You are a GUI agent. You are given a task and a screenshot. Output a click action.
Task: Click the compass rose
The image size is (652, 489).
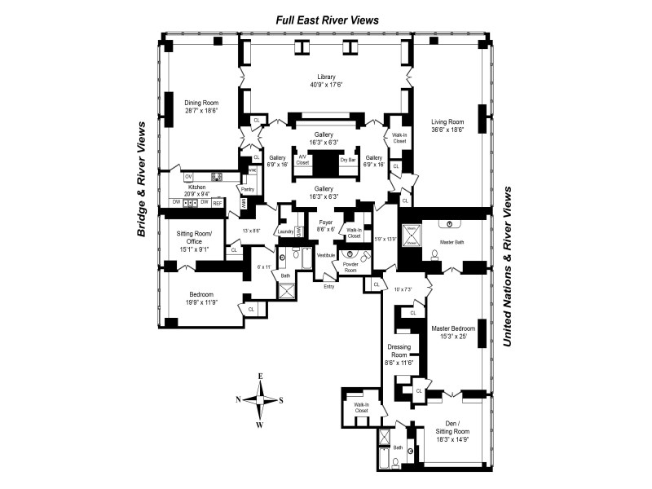click(x=260, y=399)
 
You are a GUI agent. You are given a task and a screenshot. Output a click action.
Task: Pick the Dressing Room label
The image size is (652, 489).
click(x=399, y=353)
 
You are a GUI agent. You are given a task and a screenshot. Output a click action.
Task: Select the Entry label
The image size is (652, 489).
click(x=328, y=286)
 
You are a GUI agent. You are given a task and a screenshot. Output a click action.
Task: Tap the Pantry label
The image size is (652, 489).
click(x=247, y=189)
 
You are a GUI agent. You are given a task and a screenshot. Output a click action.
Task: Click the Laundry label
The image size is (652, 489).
click(x=285, y=232)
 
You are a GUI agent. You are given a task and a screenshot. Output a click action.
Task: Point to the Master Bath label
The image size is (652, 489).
click(x=452, y=242)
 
